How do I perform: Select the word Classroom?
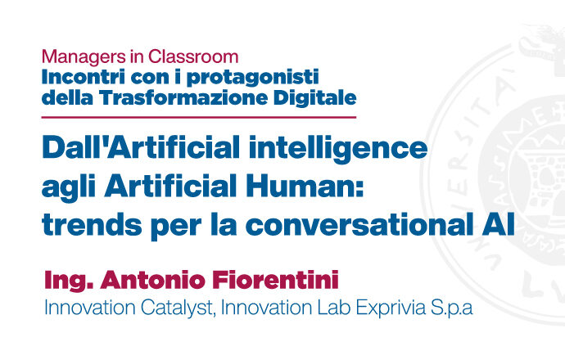tap(193, 56)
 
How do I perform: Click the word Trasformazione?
tap(183, 97)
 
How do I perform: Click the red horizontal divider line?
tap(199, 117)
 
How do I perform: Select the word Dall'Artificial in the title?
tap(141, 147)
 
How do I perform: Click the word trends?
tap(92, 224)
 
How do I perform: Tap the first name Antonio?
tap(153, 280)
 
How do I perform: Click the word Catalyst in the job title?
tap(178, 309)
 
